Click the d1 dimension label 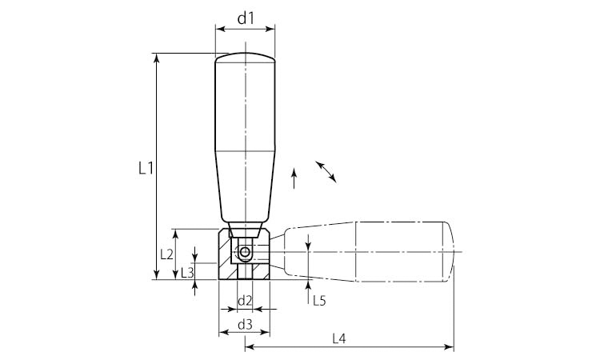pos(246,18)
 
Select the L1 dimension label pos(146,168)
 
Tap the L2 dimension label pos(167,254)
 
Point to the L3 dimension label pos(187,272)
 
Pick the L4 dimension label pos(339,338)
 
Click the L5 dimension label pos(319,301)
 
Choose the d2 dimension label pos(245,301)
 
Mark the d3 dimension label pos(245,325)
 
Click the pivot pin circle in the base pos(244,252)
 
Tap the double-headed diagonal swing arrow pos(326,172)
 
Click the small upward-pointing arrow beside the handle pos(294,178)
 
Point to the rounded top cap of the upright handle pos(245,58)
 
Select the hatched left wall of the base pos(225,254)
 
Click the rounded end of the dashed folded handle pos(450,252)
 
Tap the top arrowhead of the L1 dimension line pos(156,58)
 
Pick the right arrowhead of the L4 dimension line pos(450,347)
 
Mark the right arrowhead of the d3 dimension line pos(265,332)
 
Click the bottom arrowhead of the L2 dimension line pos(175,274)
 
